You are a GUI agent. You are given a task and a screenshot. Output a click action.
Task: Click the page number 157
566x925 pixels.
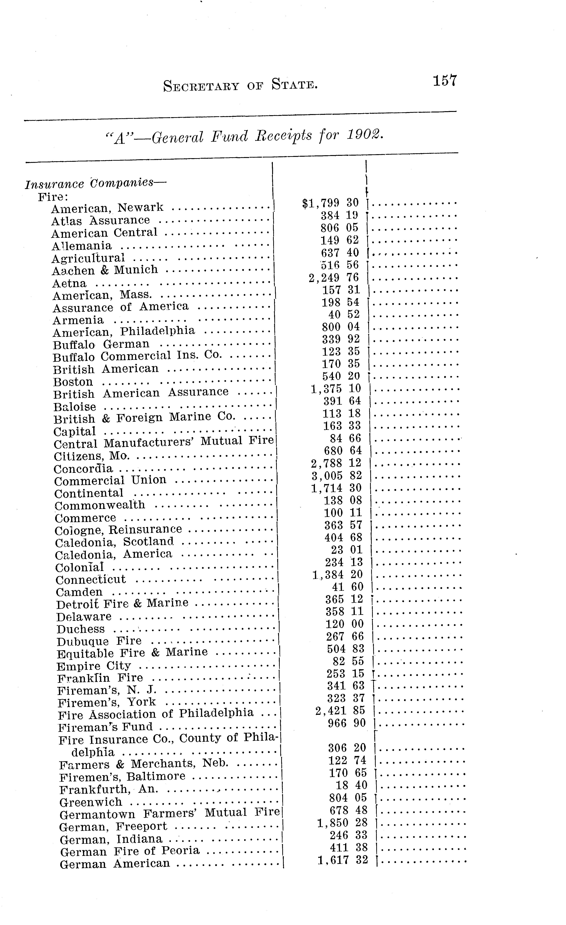pyautogui.click(x=445, y=81)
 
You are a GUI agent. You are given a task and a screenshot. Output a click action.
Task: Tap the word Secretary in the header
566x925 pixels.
pyautogui.click(x=201, y=86)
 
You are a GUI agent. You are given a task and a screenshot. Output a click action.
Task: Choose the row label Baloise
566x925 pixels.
pyautogui.click(x=75, y=407)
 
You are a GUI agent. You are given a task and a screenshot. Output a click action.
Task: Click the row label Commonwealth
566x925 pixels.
pyautogui.click(x=100, y=505)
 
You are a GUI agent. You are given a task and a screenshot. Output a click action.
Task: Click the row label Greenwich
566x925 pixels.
pyautogui.click(x=91, y=802)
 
